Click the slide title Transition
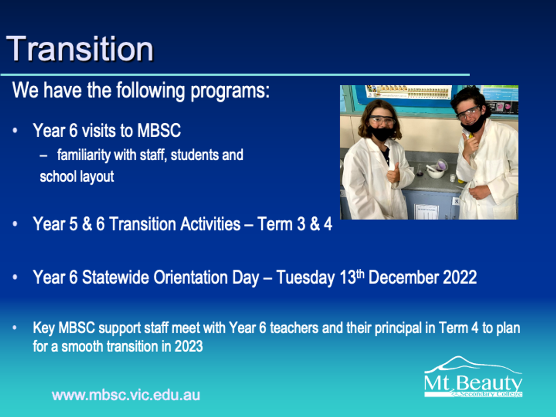pos(80,49)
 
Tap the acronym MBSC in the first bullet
pos(159,131)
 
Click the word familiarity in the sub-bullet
pos(83,155)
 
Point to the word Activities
pos(210,224)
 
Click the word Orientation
pos(206,277)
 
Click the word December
pos(403,277)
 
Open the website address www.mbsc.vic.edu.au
pos(126,395)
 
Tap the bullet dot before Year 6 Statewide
pos(15,277)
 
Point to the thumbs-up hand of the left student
pos(394,173)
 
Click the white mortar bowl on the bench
pos(436,172)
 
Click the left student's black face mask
pos(380,133)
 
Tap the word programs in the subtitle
pos(230,91)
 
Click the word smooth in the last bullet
pos(82,346)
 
